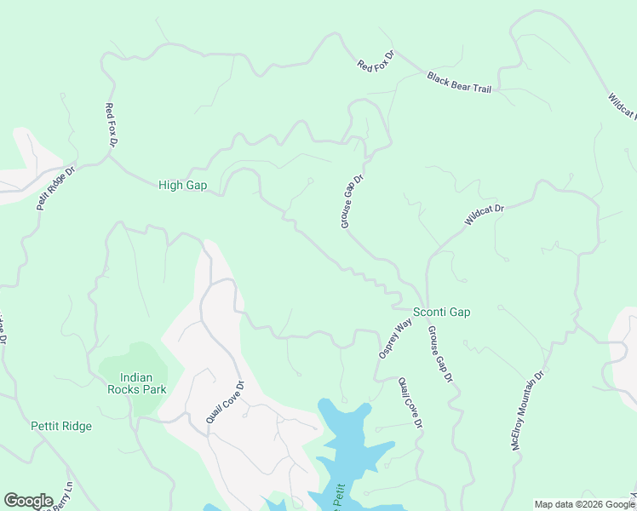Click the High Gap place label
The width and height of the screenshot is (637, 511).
tap(183, 185)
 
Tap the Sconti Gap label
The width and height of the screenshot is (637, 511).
tap(441, 313)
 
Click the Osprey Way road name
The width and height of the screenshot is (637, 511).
tap(394, 339)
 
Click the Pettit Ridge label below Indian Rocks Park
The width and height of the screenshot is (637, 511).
tap(60, 426)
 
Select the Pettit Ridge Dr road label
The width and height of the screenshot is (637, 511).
tap(56, 188)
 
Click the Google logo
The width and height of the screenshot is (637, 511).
tap(28, 501)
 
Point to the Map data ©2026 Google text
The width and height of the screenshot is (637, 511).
tap(584, 504)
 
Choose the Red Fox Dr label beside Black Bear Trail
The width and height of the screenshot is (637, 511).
tap(376, 60)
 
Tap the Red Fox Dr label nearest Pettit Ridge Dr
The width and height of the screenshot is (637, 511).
tap(110, 125)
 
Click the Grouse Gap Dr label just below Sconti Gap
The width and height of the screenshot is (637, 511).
tap(440, 353)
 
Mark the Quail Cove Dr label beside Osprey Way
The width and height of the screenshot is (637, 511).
tap(410, 404)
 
